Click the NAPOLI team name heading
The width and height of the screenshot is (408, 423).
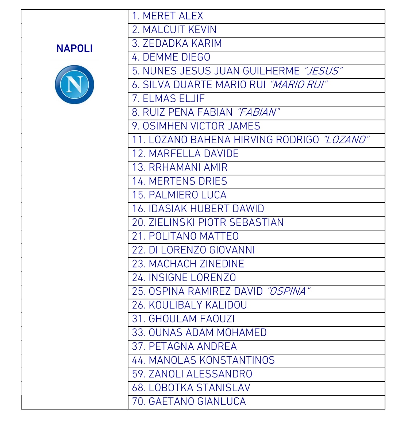[74, 48]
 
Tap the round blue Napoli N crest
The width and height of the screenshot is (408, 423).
[74, 85]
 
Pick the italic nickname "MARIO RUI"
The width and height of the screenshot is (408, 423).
[298, 85]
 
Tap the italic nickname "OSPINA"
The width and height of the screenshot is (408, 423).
[288, 291]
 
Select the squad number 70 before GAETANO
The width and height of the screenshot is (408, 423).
[138, 401]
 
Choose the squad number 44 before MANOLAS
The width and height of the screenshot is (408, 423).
[138, 360]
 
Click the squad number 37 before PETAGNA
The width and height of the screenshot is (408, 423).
[138, 346]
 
